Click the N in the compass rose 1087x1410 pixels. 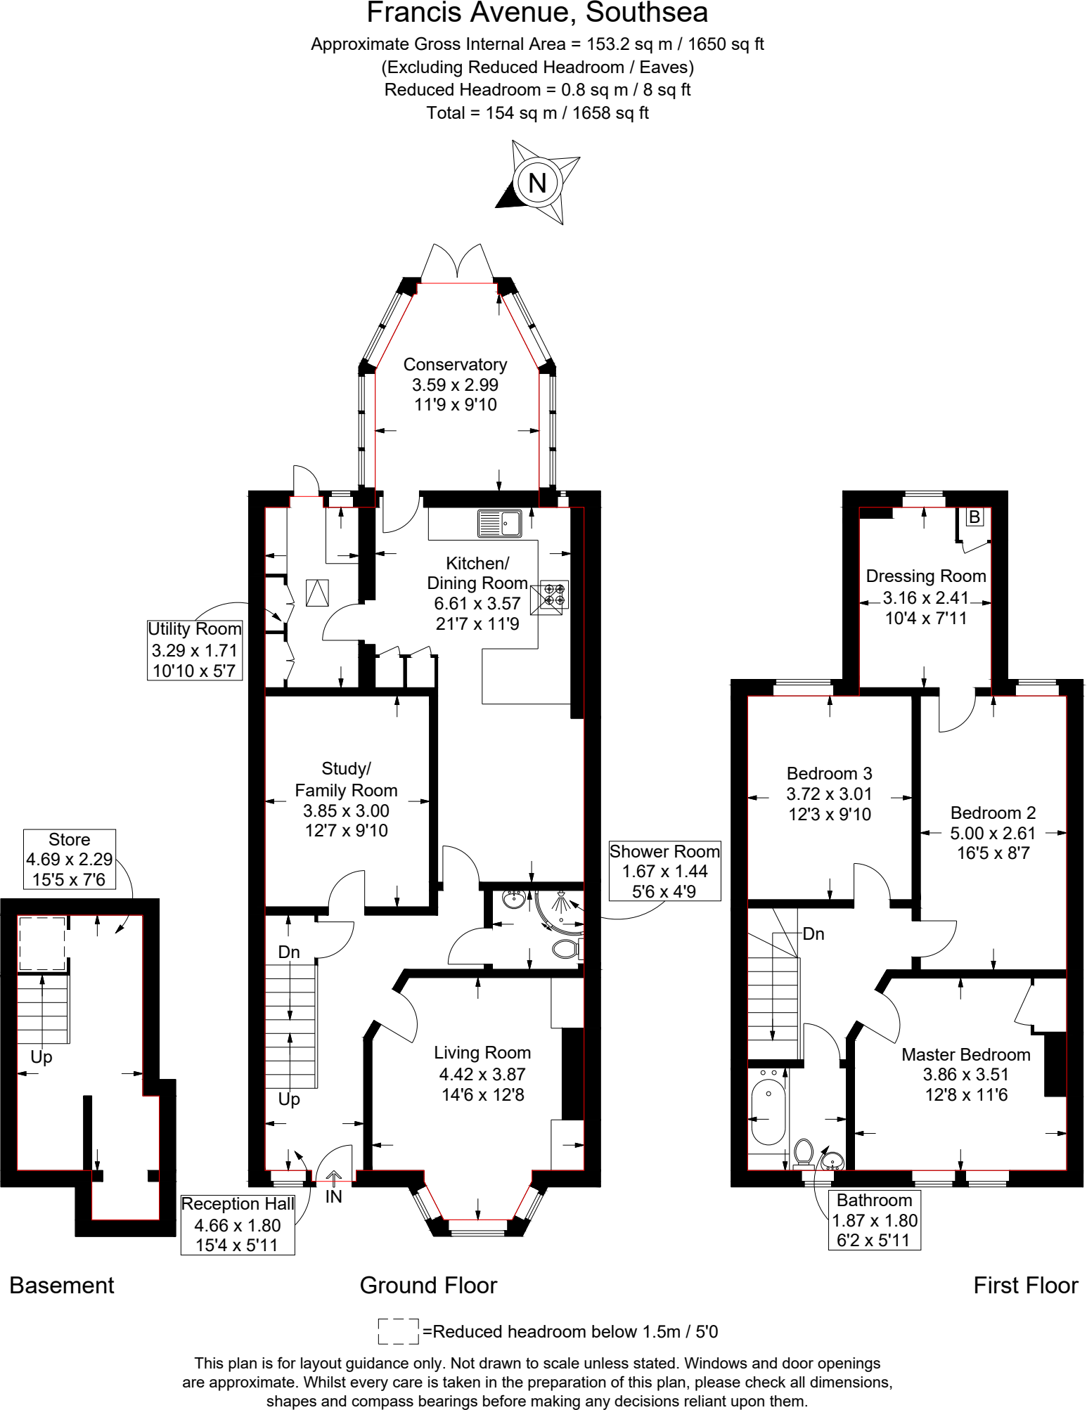tap(537, 183)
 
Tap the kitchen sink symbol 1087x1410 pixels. tap(500, 524)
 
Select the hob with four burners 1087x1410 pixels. tap(554, 595)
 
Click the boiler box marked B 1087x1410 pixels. tap(974, 517)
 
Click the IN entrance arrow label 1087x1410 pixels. tap(333, 1196)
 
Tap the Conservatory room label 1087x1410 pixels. tap(455, 365)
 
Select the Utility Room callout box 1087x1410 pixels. tap(195, 650)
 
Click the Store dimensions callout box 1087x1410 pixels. tap(69, 859)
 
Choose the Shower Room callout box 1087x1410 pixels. tap(664, 871)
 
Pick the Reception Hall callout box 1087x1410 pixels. tap(238, 1224)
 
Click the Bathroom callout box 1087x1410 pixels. tap(874, 1220)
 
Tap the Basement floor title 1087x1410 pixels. tap(62, 1286)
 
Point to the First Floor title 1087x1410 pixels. tap(1025, 1286)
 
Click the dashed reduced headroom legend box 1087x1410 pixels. tap(398, 1331)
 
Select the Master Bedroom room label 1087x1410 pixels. tap(965, 1054)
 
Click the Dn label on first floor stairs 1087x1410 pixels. tap(813, 934)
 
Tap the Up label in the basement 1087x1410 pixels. tap(41, 1057)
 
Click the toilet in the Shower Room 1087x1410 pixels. tap(564, 949)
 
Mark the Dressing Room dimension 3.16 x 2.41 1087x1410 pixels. tap(925, 598)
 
